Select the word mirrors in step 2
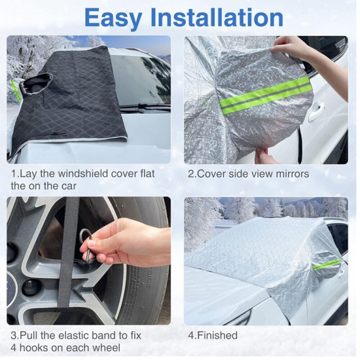click(x=293, y=174)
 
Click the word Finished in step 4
click(x=217, y=335)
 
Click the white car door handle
click(x=316, y=112)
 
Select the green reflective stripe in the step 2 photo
click(x=264, y=95)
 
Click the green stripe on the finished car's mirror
click(x=327, y=264)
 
